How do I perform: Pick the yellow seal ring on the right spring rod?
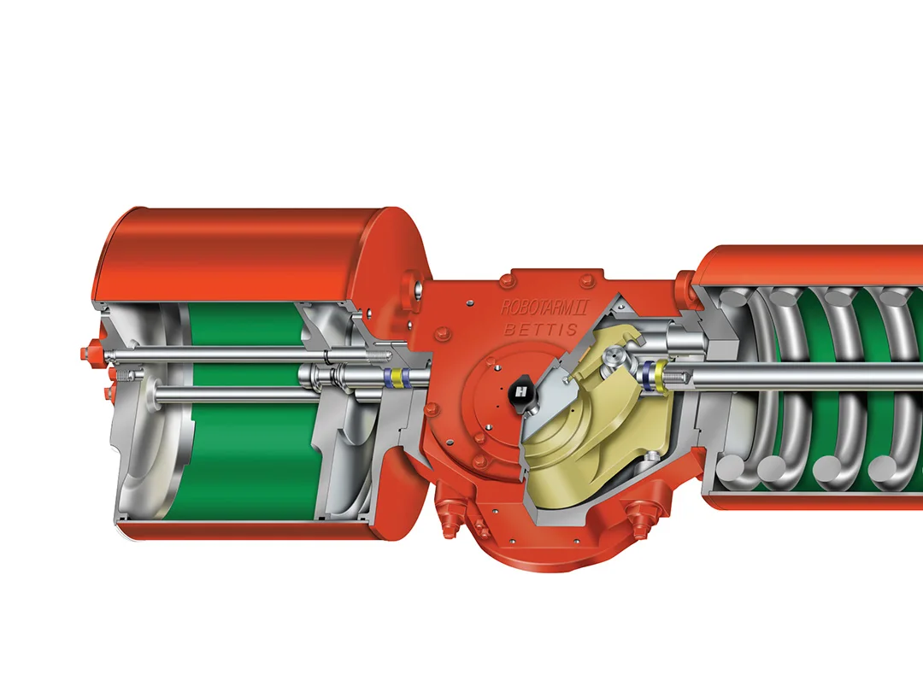coord(660,375)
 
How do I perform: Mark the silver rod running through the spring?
coord(812,375)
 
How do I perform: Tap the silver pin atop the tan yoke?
coord(611,366)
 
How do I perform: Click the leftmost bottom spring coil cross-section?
coord(731,469)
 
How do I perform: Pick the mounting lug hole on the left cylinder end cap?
coord(414,290)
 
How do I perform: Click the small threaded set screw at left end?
coord(126,374)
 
